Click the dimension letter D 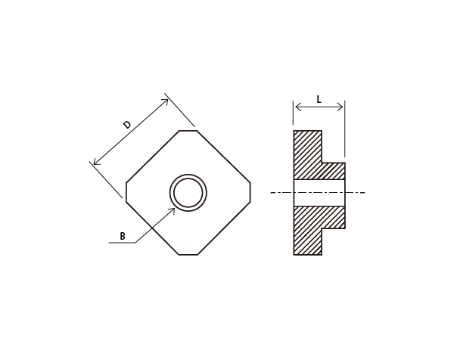tap(127, 125)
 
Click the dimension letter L tap(319, 100)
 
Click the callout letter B tap(123, 236)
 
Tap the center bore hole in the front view tap(188, 193)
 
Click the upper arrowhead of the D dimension tap(166, 101)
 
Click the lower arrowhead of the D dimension tap(96, 163)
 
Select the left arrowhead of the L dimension tap(297, 107)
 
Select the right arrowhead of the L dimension tap(340, 107)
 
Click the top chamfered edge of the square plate tap(188, 131)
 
